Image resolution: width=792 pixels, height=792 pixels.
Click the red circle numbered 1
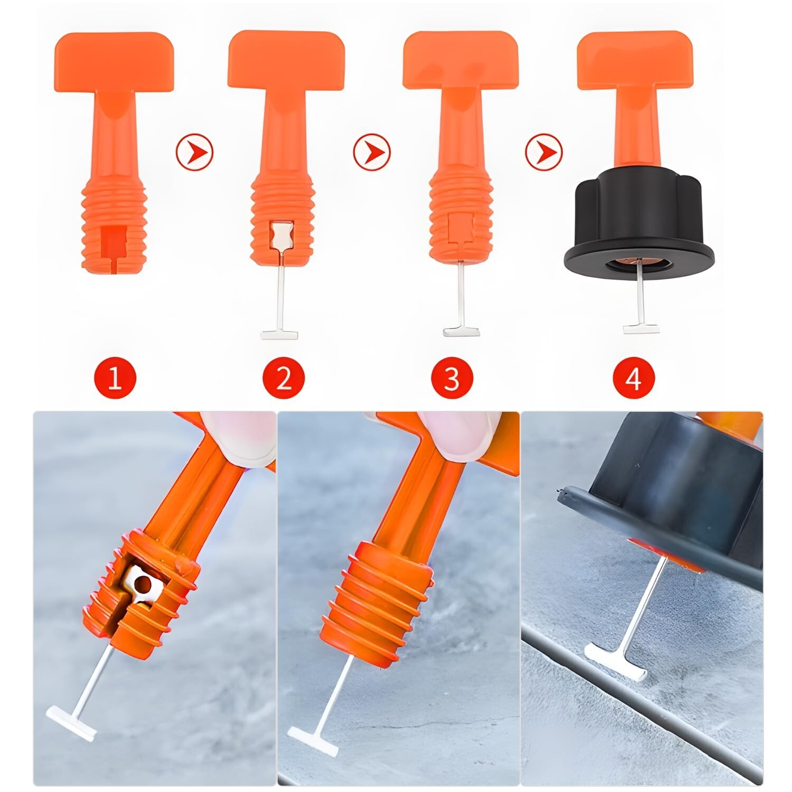pos(115,379)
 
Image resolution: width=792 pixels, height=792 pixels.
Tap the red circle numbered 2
pos(284,379)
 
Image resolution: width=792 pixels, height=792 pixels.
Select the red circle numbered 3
pos(451,379)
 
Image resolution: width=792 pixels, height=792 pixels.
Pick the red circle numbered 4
pos(633,379)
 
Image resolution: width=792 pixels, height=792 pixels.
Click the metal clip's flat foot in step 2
pos(280,334)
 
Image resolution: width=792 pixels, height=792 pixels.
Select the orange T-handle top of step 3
pos(460,60)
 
